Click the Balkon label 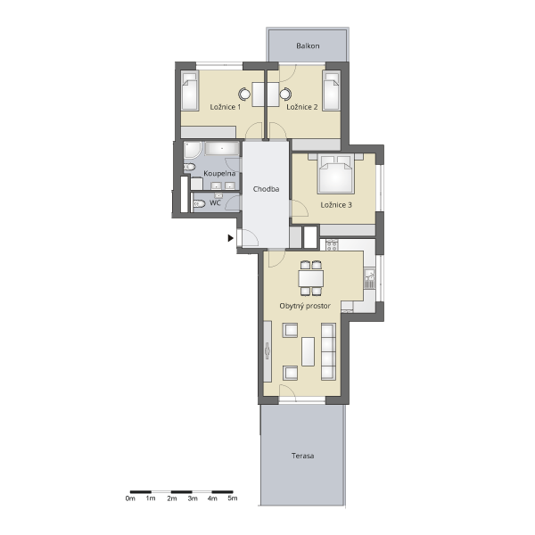point(308,45)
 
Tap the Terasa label point(302,456)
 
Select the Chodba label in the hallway point(266,189)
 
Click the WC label point(215,202)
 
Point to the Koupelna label point(219,173)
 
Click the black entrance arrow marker point(231,238)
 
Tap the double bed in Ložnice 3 point(336,174)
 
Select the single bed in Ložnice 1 point(189,90)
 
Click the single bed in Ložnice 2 point(332,90)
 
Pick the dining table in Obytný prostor point(311,278)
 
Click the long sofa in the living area point(328,351)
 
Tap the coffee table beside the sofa point(309,351)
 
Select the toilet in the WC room point(199,203)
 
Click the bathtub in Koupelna point(222,149)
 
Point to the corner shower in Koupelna point(193,150)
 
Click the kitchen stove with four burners point(332,245)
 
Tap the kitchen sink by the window point(369,278)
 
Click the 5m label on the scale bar point(233,498)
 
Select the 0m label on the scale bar point(130,498)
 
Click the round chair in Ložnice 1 point(244,94)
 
